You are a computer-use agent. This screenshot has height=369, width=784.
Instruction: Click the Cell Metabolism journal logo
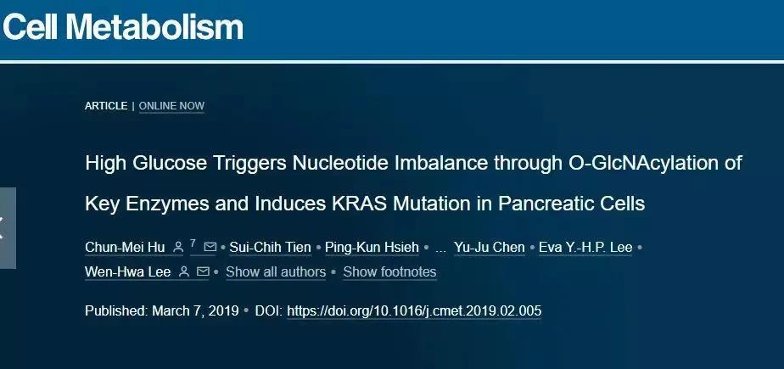click(x=123, y=26)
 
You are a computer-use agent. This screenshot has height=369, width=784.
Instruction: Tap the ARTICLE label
click(x=106, y=106)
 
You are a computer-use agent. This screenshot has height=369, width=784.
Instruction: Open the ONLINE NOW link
click(x=171, y=106)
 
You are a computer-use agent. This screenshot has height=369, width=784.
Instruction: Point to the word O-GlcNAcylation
click(x=642, y=164)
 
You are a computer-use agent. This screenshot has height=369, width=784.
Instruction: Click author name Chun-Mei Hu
click(x=125, y=247)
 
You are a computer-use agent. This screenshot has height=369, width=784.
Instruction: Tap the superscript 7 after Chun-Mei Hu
click(x=193, y=243)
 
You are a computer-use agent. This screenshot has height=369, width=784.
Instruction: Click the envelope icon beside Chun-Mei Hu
click(x=210, y=247)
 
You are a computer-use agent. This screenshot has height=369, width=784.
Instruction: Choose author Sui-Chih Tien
click(x=270, y=247)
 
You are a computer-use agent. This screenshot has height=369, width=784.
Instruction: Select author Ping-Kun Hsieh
click(x=372, y=247)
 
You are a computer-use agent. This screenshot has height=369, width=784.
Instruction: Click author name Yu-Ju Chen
click(x=490, y=247)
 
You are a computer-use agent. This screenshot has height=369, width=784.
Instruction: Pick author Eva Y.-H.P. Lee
click(x=585, y=247)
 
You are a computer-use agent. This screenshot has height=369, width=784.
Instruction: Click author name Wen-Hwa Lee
click(x=128, y=272)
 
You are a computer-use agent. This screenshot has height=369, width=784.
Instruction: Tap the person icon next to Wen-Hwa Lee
click(x=184, y=271)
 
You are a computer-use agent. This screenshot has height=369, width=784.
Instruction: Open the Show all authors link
click(x=276, y=272)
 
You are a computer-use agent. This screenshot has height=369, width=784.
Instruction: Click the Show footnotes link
click(x=389, y=272)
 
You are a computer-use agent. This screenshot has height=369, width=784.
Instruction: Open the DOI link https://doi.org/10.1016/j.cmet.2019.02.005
click(x=414, y=311)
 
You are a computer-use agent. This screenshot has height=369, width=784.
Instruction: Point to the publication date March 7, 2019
click(x=195, y=311)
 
